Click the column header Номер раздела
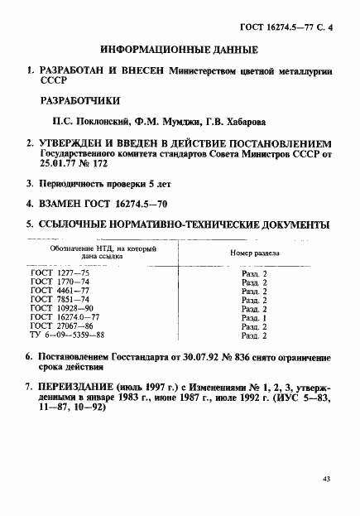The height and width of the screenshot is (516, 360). [252, 253]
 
